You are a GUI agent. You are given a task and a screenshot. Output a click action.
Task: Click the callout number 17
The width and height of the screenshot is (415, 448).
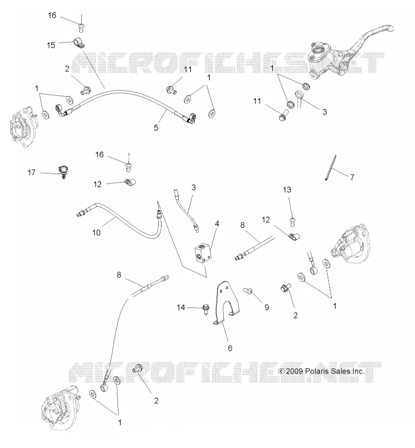click(x=31, y=172)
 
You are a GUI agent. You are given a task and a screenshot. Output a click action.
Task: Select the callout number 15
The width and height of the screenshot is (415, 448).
click(x=51, y=45)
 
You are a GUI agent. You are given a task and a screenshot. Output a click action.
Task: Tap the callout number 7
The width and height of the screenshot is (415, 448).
click(x=352, y=178)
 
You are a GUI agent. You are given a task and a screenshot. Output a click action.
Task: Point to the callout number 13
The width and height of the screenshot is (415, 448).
click(x=287, y=190)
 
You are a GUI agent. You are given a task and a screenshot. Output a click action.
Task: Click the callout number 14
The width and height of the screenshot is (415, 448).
click(x=181, y=307)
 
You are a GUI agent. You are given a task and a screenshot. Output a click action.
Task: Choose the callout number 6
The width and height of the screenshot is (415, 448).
click(x=230, y=348)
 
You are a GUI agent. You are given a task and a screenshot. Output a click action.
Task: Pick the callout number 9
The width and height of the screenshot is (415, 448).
click(x=267, y=307)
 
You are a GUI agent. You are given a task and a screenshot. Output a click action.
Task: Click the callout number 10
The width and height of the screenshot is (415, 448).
click(x=96, y=232)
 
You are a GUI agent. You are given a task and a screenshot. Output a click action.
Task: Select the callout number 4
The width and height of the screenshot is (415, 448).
click(x=217, y=223)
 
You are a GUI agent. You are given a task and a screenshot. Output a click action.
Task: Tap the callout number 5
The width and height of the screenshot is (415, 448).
click(x=156, y=128)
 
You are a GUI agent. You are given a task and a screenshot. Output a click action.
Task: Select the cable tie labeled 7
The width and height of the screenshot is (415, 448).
click(x=331, y=167)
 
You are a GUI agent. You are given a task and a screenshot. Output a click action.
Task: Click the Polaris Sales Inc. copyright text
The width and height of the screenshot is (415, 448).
click(x=321, y=371)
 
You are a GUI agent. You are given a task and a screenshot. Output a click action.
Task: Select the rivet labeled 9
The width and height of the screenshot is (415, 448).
click(x=247, y=291)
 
